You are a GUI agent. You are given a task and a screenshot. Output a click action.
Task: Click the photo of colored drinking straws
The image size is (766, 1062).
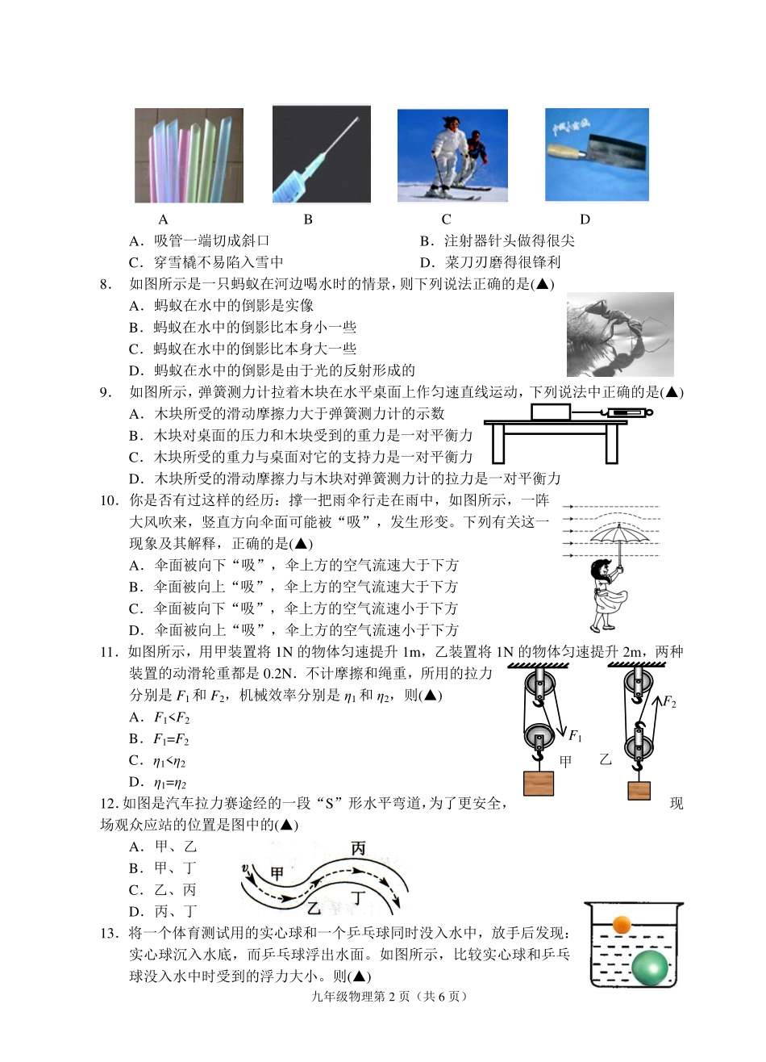(189, 155)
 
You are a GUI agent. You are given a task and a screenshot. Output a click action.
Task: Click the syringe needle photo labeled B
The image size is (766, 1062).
(321, 154)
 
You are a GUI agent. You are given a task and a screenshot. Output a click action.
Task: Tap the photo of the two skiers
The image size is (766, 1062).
(452, 156)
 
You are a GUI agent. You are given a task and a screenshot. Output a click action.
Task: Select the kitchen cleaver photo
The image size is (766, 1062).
(597, 154)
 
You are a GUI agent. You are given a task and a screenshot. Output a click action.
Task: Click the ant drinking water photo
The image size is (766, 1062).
(619, 334)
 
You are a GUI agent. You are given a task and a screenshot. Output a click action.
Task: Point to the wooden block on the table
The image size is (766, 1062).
(551, 412)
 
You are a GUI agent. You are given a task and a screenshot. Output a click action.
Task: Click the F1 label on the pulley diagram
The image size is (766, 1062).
(575, 735)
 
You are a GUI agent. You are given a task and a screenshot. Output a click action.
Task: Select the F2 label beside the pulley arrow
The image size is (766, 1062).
(669, 702)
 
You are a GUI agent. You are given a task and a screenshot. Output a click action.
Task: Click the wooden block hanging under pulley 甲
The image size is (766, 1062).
(538, 784)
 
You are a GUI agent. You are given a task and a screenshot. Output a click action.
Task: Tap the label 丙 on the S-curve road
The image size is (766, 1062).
(358, 848)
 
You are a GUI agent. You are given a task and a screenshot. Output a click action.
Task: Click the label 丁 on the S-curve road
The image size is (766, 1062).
(360, 897)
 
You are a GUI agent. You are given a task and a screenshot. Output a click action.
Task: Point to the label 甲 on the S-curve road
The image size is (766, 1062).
(277, 874)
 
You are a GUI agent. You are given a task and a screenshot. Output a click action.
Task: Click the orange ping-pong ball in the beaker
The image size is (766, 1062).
(621, 924)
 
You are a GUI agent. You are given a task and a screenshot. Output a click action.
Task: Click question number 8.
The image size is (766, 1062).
(105, 284)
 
